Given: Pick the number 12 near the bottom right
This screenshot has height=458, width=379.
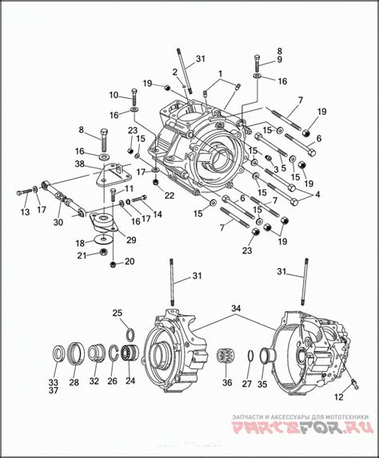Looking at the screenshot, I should (x=340, y=396).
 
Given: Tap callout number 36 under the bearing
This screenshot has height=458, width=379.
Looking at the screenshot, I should (x=226, y=382).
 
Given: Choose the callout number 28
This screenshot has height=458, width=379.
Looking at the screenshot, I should (x=74, y=382).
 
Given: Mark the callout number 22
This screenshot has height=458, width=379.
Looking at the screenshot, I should (x=169, y=195).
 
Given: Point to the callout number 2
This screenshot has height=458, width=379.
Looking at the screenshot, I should (x=174, y=73).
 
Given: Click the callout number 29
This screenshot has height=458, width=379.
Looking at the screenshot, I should (x=131, y=239).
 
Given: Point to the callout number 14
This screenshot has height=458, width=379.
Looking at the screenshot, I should (x=157, y=213).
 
